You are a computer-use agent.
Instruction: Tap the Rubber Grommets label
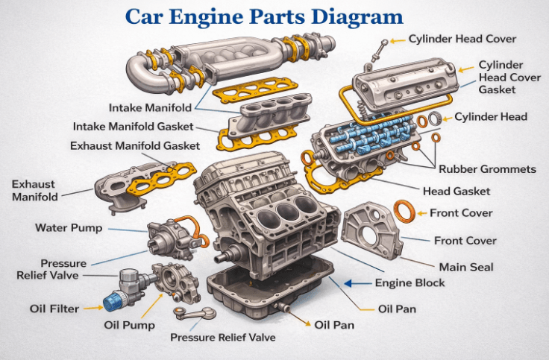click(x=486, y=169)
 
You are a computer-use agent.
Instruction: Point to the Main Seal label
click(x=465, y=266)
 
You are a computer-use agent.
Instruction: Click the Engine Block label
click(x=410, y=282)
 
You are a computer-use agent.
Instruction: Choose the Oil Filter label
click(x=54, y=308)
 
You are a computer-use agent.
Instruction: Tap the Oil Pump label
click(x=130, y=325)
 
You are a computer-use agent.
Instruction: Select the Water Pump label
click(x=68, y=227)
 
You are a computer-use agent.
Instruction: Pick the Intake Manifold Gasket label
click(x=133, y=126)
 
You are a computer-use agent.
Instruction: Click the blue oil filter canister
click(x=113, y=302)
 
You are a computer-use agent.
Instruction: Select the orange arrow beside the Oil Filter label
click(x=92, y=307)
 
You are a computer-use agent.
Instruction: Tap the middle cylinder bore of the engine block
click(x=286, y=213)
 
